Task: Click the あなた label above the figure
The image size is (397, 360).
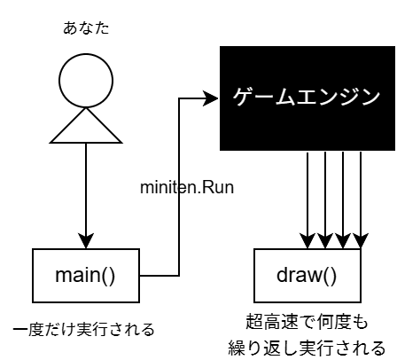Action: pyautogui.click(x=86, y=28)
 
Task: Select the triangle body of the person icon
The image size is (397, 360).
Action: pyautogui.click(x=86, y=125)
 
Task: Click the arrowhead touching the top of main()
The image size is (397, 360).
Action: pyautogui.click(x=86, y=241)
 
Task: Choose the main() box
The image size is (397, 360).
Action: pyautogui.click(x=86, y=274)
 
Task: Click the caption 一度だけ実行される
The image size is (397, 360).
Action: pyautogui.click(x=84, y=330)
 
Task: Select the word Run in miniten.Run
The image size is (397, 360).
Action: pyautogui.click(x=216, y=188)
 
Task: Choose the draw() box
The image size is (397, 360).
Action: pyautogui.click(x=307, y=274)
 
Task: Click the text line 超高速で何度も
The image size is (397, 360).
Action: pyautogui.click(x=307, y=320)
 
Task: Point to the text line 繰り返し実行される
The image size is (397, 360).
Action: pyautogui.click(x=307, y=345)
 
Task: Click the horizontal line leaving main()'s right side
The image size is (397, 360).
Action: pyautogui.click(x=160, y=274)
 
